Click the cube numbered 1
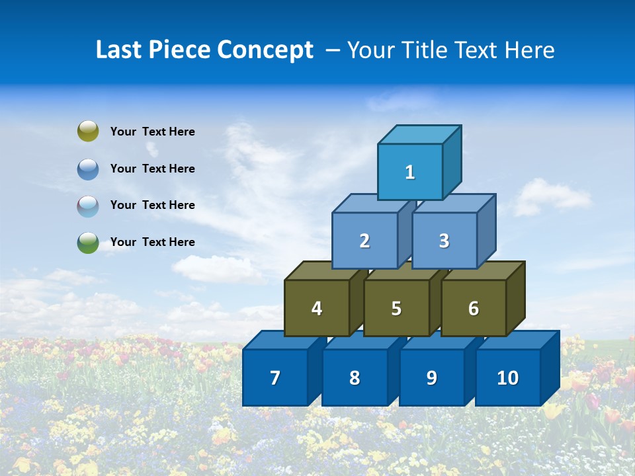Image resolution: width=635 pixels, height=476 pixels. click(410, 172)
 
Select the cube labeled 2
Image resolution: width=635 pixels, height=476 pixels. click(364, 241)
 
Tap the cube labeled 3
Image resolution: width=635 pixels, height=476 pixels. click(444, 241)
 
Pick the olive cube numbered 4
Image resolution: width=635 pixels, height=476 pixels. click(317, 308)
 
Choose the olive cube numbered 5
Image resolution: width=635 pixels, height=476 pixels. click(396, 308)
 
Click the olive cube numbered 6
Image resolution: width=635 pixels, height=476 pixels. click(473, 308)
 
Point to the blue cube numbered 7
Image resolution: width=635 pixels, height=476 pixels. click(275, 377)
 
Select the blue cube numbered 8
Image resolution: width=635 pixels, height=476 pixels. click(355, 377)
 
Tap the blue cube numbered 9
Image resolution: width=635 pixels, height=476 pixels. click(431, 377)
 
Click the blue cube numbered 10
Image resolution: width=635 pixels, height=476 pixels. click(507, 377)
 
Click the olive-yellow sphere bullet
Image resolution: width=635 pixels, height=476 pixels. click(88, 132)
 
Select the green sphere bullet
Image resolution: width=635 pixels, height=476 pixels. click(88, 242)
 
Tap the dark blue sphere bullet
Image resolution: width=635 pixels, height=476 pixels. click(88, 169)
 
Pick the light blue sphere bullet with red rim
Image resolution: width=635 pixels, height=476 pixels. click(88, 206)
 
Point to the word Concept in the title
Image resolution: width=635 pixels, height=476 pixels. click(265, 50)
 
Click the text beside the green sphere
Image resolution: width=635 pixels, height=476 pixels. click(152, 242)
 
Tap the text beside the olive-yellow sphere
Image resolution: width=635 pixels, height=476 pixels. click(152, 132)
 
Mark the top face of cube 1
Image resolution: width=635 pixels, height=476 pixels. click(419, 134)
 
